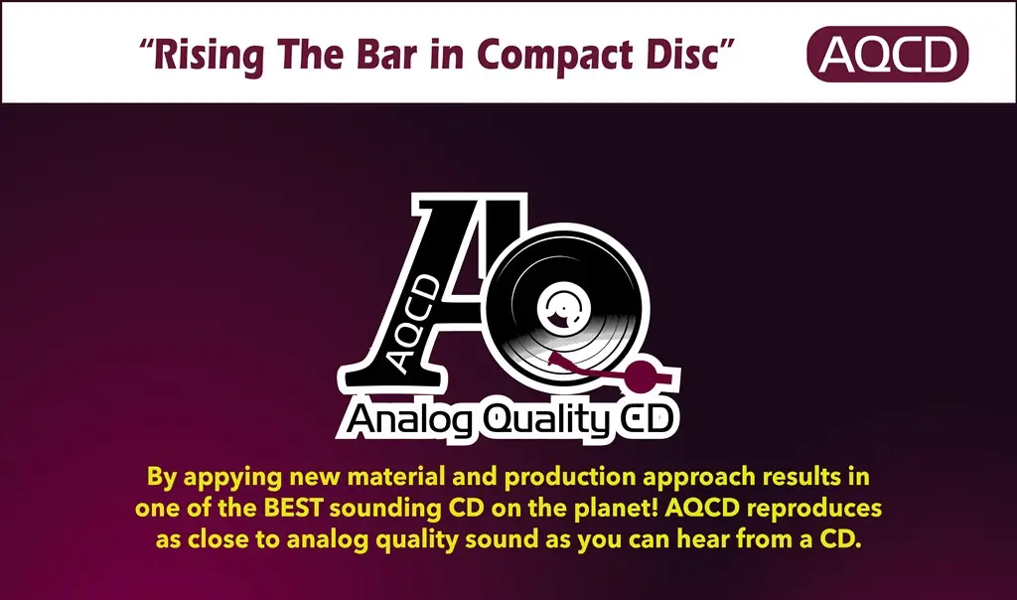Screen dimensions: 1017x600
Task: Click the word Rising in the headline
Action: click(209, 55)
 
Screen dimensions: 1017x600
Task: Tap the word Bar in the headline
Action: click(385, 54)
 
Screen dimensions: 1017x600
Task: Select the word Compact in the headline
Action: click(554, 56)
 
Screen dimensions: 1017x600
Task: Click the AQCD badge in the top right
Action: click(887, 54)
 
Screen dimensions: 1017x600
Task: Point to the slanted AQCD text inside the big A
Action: click(415, 324)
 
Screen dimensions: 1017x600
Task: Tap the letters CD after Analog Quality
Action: click(644, 419)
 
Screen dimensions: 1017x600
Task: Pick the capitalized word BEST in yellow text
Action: click(293, 508)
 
